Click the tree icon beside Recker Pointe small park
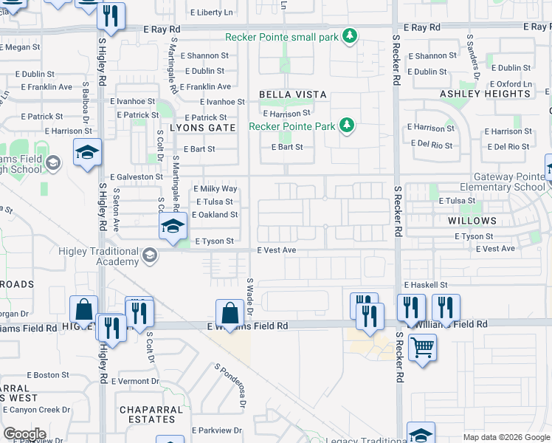pos(351,36)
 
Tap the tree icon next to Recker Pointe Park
pos(345,126)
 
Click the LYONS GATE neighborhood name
pos(202,128)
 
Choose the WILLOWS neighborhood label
pos(472,221)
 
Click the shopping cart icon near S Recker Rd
pos(421,346)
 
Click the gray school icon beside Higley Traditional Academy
pos(150,256)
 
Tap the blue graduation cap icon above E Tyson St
pos(172,225)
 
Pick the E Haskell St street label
pos(425,285)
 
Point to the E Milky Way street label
pos(215,189)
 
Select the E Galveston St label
pos(137,177)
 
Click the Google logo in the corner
pos(24,434)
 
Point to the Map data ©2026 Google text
pos(506,436)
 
